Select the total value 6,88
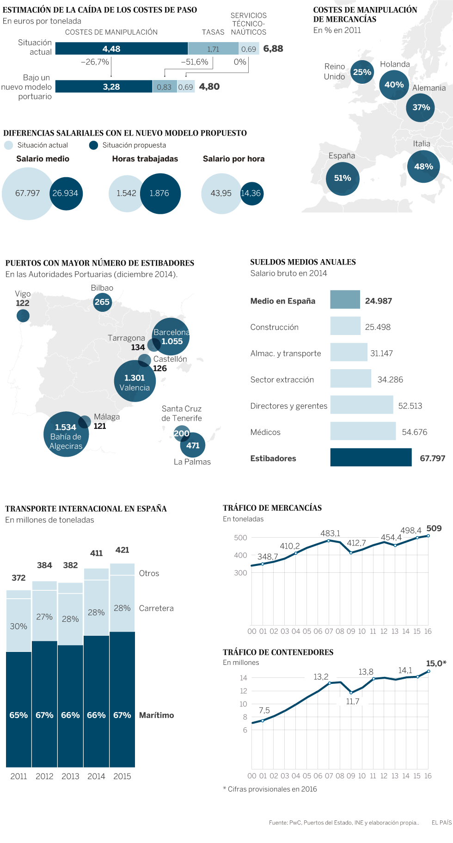tap(273, 49)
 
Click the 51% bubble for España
tap(343, 178)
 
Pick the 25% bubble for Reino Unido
tap(362, 72)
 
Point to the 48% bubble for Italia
tap(423, 167)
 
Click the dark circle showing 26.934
tap(66, 193)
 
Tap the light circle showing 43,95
tap(221, 193)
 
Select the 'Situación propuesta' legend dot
tap(93, 145)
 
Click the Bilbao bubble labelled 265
tap(102, 302)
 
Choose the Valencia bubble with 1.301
tap(135, 381)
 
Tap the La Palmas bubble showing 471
tap(193, 446)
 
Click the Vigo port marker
tap(23, 316)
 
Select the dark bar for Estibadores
tap(371, 458)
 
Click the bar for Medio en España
tap(345, 300)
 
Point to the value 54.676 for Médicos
tap(414, 432)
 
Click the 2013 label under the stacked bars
tap(70, 776)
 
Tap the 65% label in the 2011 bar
tap(18, 715)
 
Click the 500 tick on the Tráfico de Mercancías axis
tap(240, 538)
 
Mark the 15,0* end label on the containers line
tap(436, 663)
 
